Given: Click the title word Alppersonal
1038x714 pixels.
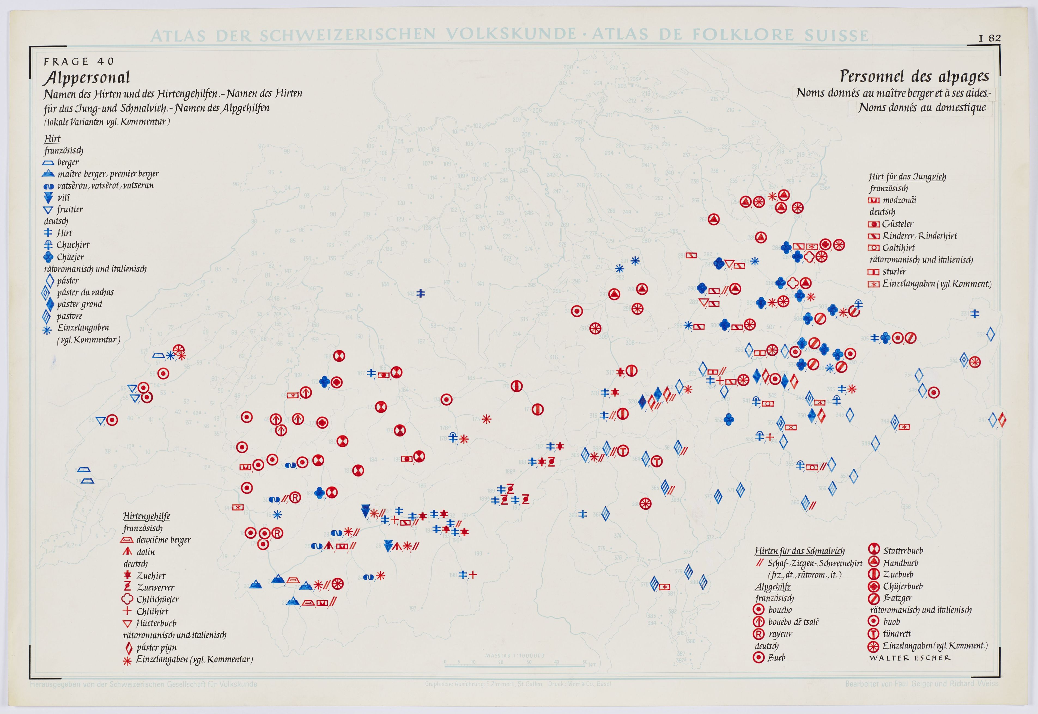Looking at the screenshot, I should [x=86, y=78].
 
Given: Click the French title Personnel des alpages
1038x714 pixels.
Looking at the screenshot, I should [x=914, y=76].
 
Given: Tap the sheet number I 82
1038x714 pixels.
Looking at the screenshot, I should [x=990, y=38].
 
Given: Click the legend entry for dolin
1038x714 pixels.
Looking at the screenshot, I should [x=145, y=552].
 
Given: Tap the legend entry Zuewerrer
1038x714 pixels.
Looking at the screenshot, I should [x=155, y=587].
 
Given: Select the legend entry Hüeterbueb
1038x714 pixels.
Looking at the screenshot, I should [x=156, y=623].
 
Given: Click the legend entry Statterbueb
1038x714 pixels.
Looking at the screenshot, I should [x=903, y=551].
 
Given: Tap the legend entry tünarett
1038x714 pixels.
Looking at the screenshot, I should [x=897, y=633].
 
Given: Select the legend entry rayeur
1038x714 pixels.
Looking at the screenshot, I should [x=780, y=634].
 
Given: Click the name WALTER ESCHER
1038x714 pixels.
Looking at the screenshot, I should [x=909, y=658].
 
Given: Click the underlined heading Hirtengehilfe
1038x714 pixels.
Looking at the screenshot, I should [x=146, y=516].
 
